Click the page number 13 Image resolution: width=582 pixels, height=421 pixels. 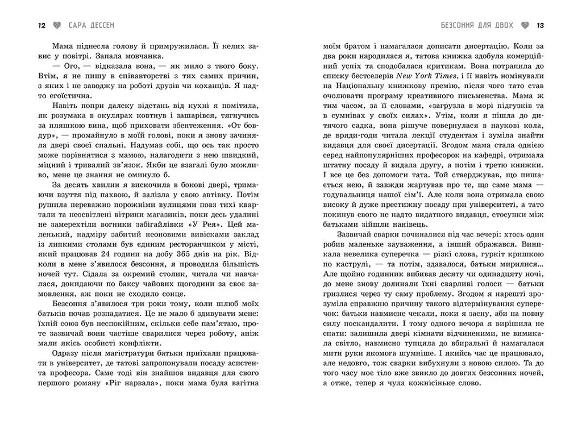point(541,26)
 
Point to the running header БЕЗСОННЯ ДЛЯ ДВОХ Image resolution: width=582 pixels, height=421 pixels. point(477,26)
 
